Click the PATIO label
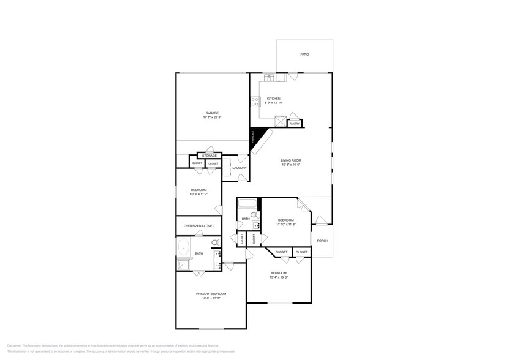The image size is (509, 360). (304, 54)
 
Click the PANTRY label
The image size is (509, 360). (294, 124)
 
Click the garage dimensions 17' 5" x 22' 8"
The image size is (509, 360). (212, 117)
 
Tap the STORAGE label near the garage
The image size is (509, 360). (209, 156)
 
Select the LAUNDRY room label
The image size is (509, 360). (239, 168)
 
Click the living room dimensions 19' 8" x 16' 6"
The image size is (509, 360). (291, 165)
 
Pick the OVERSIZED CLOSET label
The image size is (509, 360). (198, 226)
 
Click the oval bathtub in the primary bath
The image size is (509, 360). (183, 248)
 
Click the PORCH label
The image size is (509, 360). (322, 241)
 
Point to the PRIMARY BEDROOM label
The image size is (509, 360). (211, 294)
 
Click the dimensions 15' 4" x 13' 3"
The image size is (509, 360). (279, 277)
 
